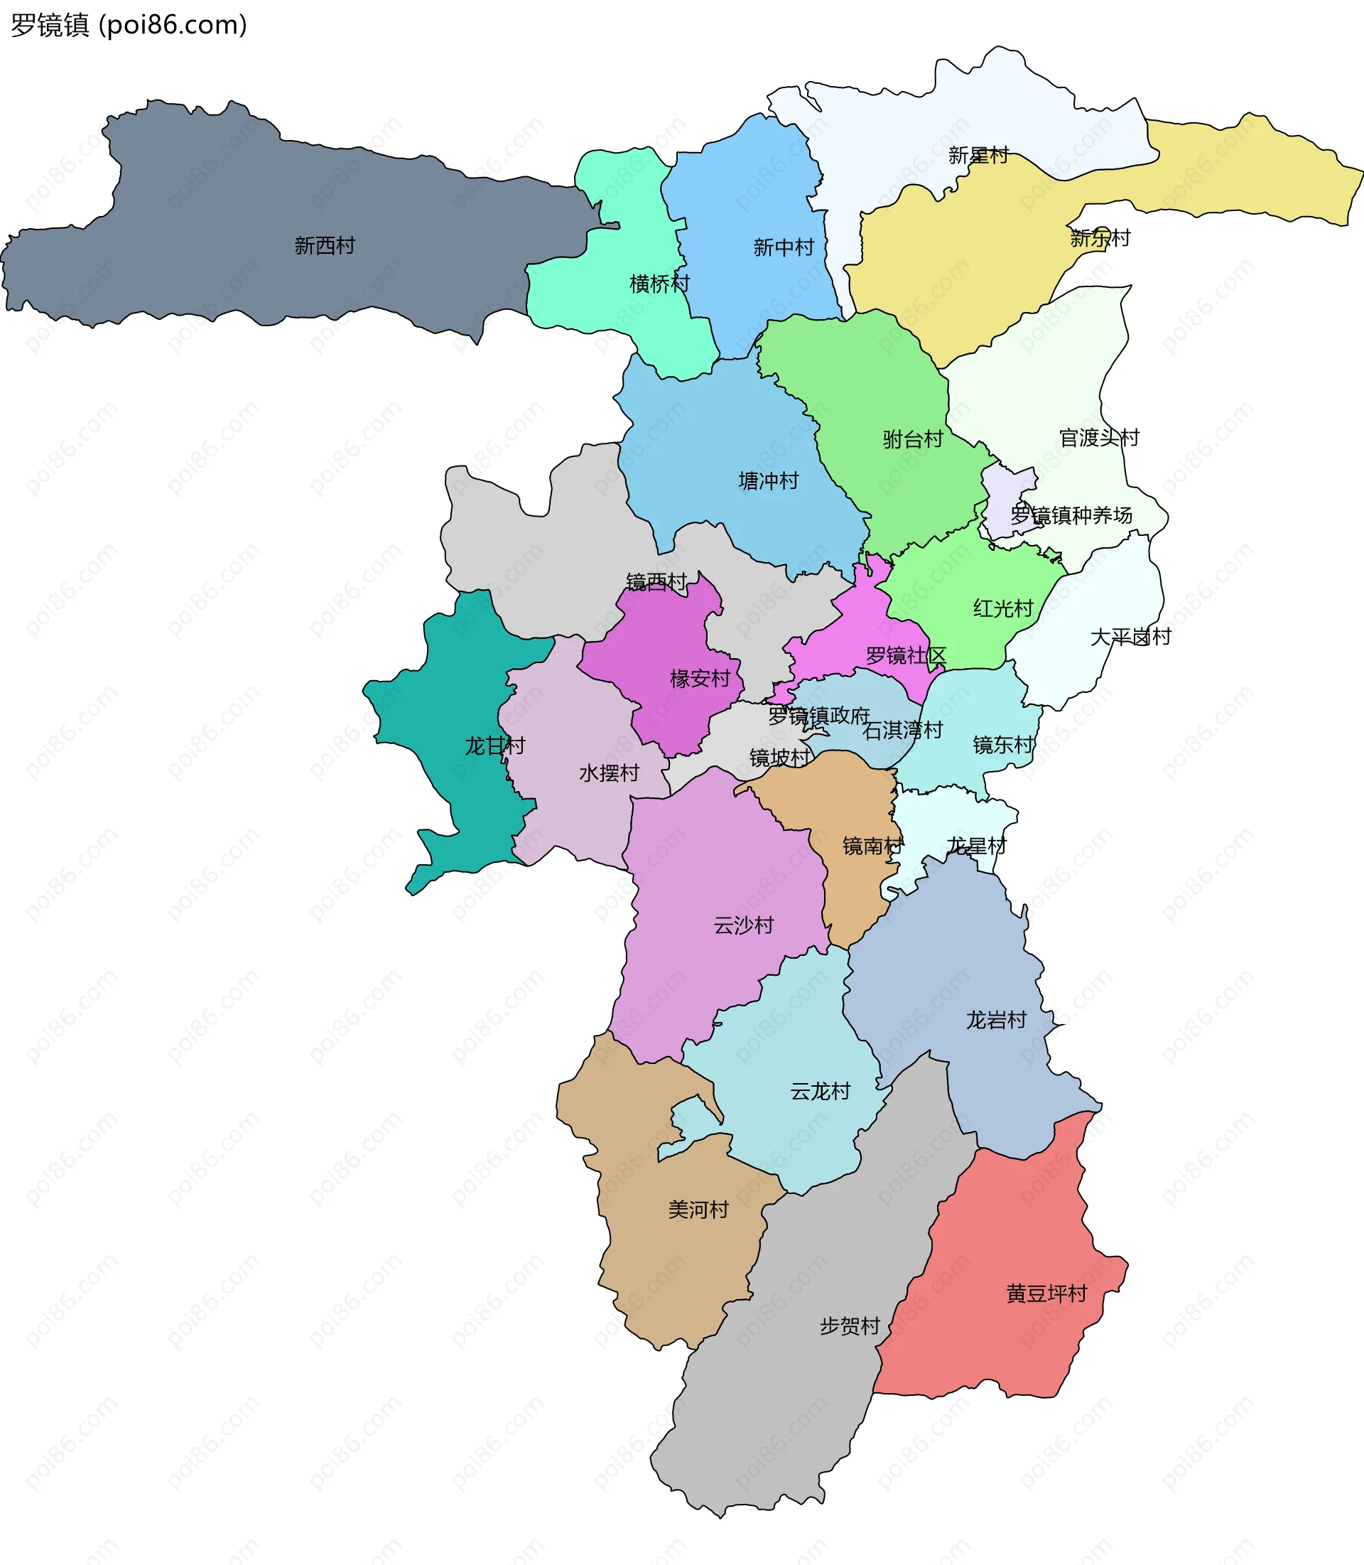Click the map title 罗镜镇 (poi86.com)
pyautogui.click(x=129, y=25)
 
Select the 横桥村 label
pyautogui.click(x=659, y=284)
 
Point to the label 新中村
pyautogui.click(x=783, y=247)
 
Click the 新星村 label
pyautogui.click(x=978, y=156)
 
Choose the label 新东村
pyautogui.click(x=1100, y=237)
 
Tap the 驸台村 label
pyautogui.click(x=913, y=439)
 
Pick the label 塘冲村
pyautogui.click(x=768, y=480)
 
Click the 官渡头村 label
pyautogui.click(x=1099, y=437)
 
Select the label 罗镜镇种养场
pyautogui.click(x=1071, y=515)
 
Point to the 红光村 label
pyautogui.click(x=1002, y=608)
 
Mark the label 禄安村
pyautogui.click(x=700, y=678)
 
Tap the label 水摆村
pyautogui.click(x=608, y=773)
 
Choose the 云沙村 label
pyautogui.click(x=743, y=925)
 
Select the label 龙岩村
pyautogui.click(x=995, y=1020)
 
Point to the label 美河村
pyautogui.click(x=698, y=1210)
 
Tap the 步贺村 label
pyautogui.click(x=850, y=1326)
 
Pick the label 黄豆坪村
pyautogui.click(x=1046, y=1293)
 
